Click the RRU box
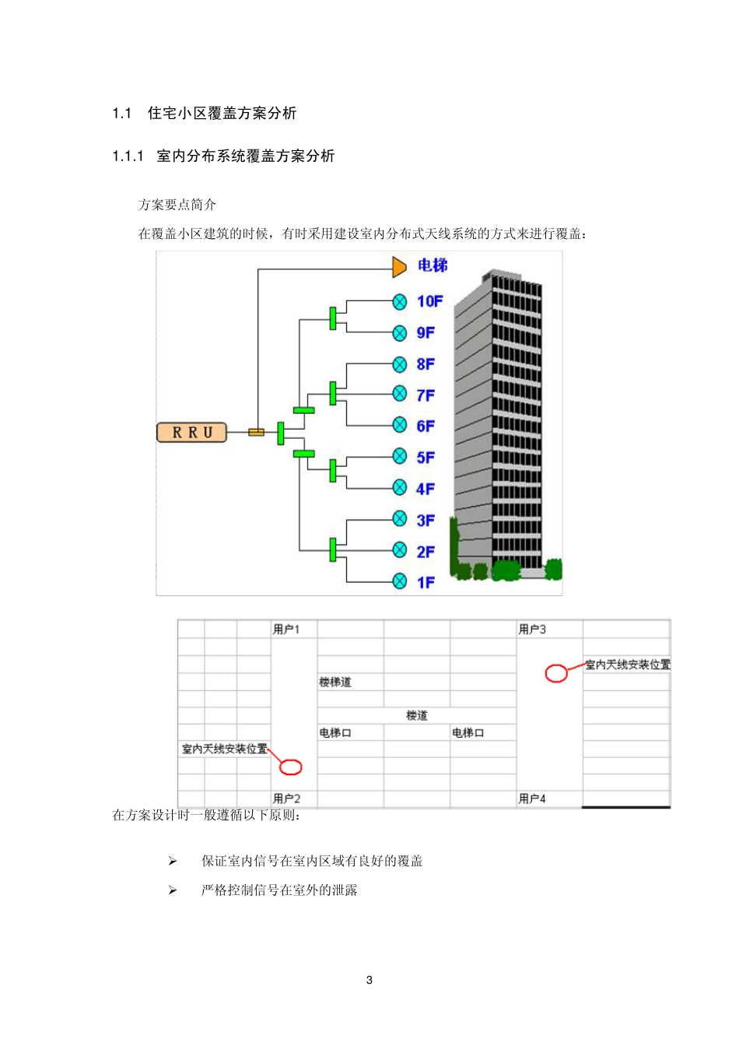pyautogui.click(x=191, y=432)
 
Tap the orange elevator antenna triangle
pyautogui.click(x=399, y=267)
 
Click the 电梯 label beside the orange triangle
pyautogui.click(x=433, y=265)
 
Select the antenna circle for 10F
pyautogui.click(x=400, y=302)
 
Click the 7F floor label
pyautogui.click(x=426, y=395)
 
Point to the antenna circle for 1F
pyautogui.click(x=400, y=581)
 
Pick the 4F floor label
pyautogui.click(x=426, y=489)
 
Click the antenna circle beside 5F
pyautogui.click(x=400, y=456)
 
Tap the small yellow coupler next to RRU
pyautogui.click(x=256, y=432)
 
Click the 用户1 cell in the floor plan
pyautogui.click(x=286, y=629)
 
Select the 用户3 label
pyautogui.click(x=532, y=629)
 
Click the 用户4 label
pyautogui.click(x=532, y=799)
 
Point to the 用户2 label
pyautogui.click(x=286, y=799)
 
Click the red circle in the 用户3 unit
pyautogui.click(x=556, y=673)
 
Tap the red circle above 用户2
pyautogui.click(x=290, y=767)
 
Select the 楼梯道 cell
pyautogui.click(x=335, y=682)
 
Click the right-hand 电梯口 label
pyautogui.click(x=468, y=732)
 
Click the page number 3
pyautogui.click(x=369, y=980)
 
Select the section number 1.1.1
pyautogui.click(x=128, y=156)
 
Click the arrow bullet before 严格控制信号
pyautogui.click(x=173, y=890)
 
